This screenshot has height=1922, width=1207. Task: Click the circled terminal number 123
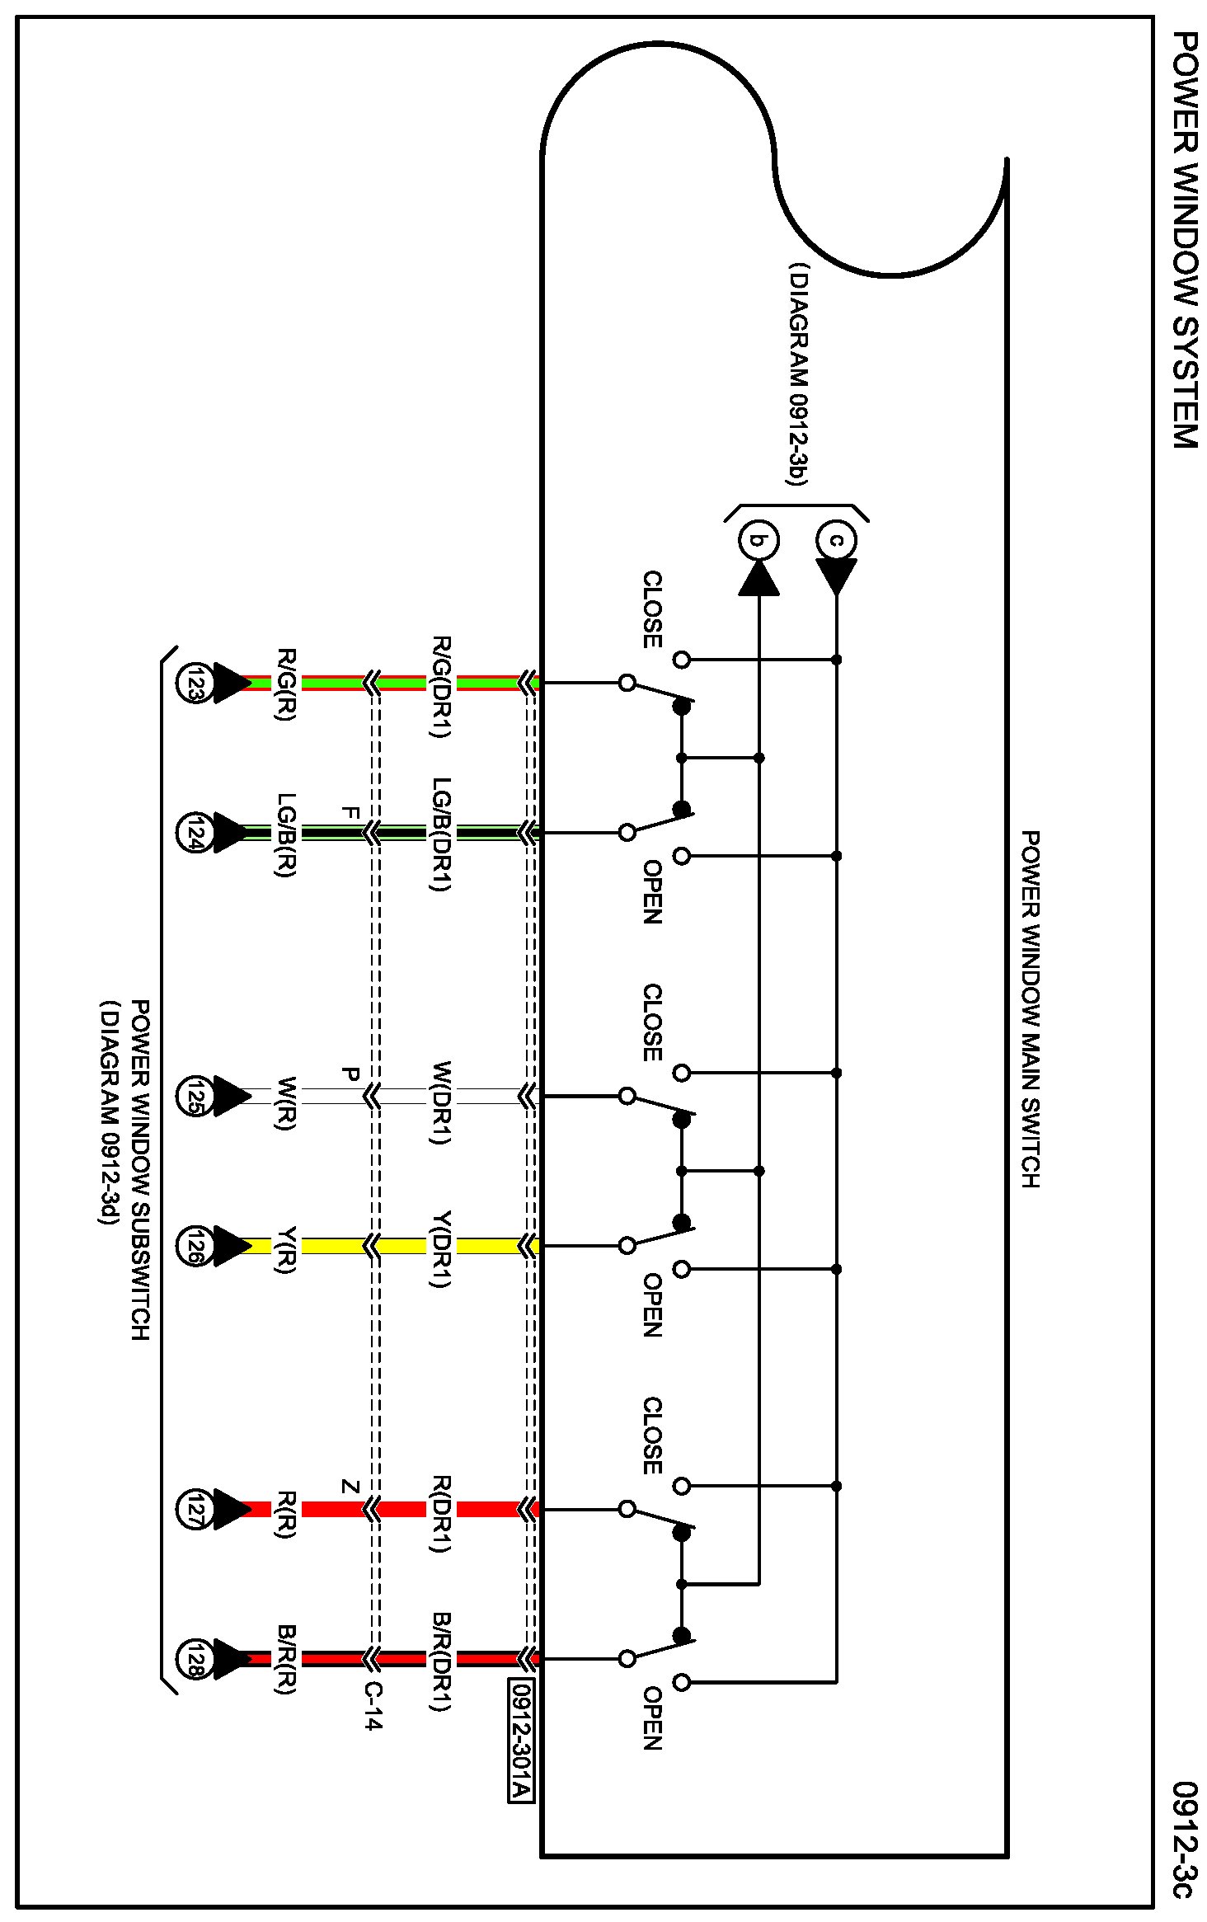194,683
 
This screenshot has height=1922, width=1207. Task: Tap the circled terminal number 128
194,1658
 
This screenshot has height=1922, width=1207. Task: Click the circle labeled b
758,542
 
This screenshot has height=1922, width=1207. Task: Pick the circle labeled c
836,541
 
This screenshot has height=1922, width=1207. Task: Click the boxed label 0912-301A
521,1740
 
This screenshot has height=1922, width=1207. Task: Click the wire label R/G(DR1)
441,686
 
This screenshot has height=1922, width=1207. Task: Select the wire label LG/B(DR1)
441,834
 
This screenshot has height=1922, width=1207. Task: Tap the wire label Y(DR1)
441,1248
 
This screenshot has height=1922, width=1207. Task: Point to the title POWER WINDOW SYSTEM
1184,239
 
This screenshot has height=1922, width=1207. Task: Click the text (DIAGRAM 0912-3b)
797,375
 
